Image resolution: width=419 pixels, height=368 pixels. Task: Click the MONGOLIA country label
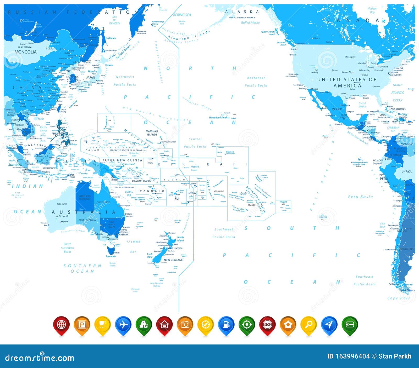pyautogui.click(x=26, y=52)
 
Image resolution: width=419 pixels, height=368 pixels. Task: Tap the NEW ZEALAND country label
pyautogui.click(x=173, y=260)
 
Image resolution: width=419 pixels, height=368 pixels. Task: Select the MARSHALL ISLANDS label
pyautogui.click(x=152, y=133)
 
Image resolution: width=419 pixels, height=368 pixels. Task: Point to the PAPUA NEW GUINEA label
pyautogui.click(x=122, y=160)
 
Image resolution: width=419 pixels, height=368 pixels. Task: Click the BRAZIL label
pyautogui.click(x=407, y=171)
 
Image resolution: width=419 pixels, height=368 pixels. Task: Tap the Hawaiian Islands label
pyautogui.click(x=218, y=118)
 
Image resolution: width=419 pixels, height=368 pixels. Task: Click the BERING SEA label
pyautogui.click(x=182, y=15)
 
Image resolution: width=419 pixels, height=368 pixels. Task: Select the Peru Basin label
pyautogui.click(x=360, y=197)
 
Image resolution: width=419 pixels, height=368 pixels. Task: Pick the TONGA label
pyautogui.click(x=191, y=193)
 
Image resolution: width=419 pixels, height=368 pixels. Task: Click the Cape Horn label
pyautogui.click(x=399, y=298)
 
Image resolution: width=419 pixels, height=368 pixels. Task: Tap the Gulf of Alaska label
pyautogui.click(x=250, y=22)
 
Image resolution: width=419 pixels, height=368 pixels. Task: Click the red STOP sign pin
pyautogui.click(x=267, y=325)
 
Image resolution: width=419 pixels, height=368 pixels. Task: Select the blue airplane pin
pyautogui.click(x=123, y=325)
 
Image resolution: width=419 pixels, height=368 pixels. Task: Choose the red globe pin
pyautogui.click(x=61, y=325)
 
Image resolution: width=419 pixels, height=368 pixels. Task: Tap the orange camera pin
pyautogui.click(x=185, y=325)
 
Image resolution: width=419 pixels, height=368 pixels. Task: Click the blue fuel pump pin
pyautogui.click(x=226, y=325)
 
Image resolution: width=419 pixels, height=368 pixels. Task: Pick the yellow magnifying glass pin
pyautogui.click(x=308, y=325)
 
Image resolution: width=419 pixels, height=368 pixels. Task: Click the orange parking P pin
pyautogui.click(x=82, y=325)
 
